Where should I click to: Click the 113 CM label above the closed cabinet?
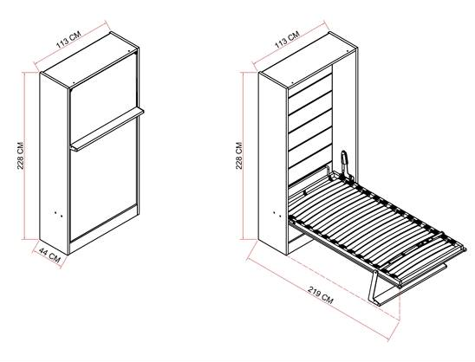coord(68,40)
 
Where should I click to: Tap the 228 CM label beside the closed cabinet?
coord(21,156)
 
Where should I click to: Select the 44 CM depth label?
coord(49,255)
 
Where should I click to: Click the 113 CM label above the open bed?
coord(287,40)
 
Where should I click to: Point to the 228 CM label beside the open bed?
coord(239,156)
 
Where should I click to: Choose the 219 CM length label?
coord(321,294)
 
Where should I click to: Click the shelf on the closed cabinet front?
coord(107,129)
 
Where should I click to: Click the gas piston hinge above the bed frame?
coord(345,165)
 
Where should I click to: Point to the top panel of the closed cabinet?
coord(90,60)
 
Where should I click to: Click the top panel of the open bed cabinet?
coord(309,60)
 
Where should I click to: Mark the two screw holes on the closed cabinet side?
coord(59,214)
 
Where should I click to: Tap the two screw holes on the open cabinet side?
coord(277,214)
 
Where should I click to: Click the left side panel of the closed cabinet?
coord(55,164)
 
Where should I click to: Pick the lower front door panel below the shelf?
coord(103,178)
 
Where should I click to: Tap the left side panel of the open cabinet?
coord(273,164)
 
